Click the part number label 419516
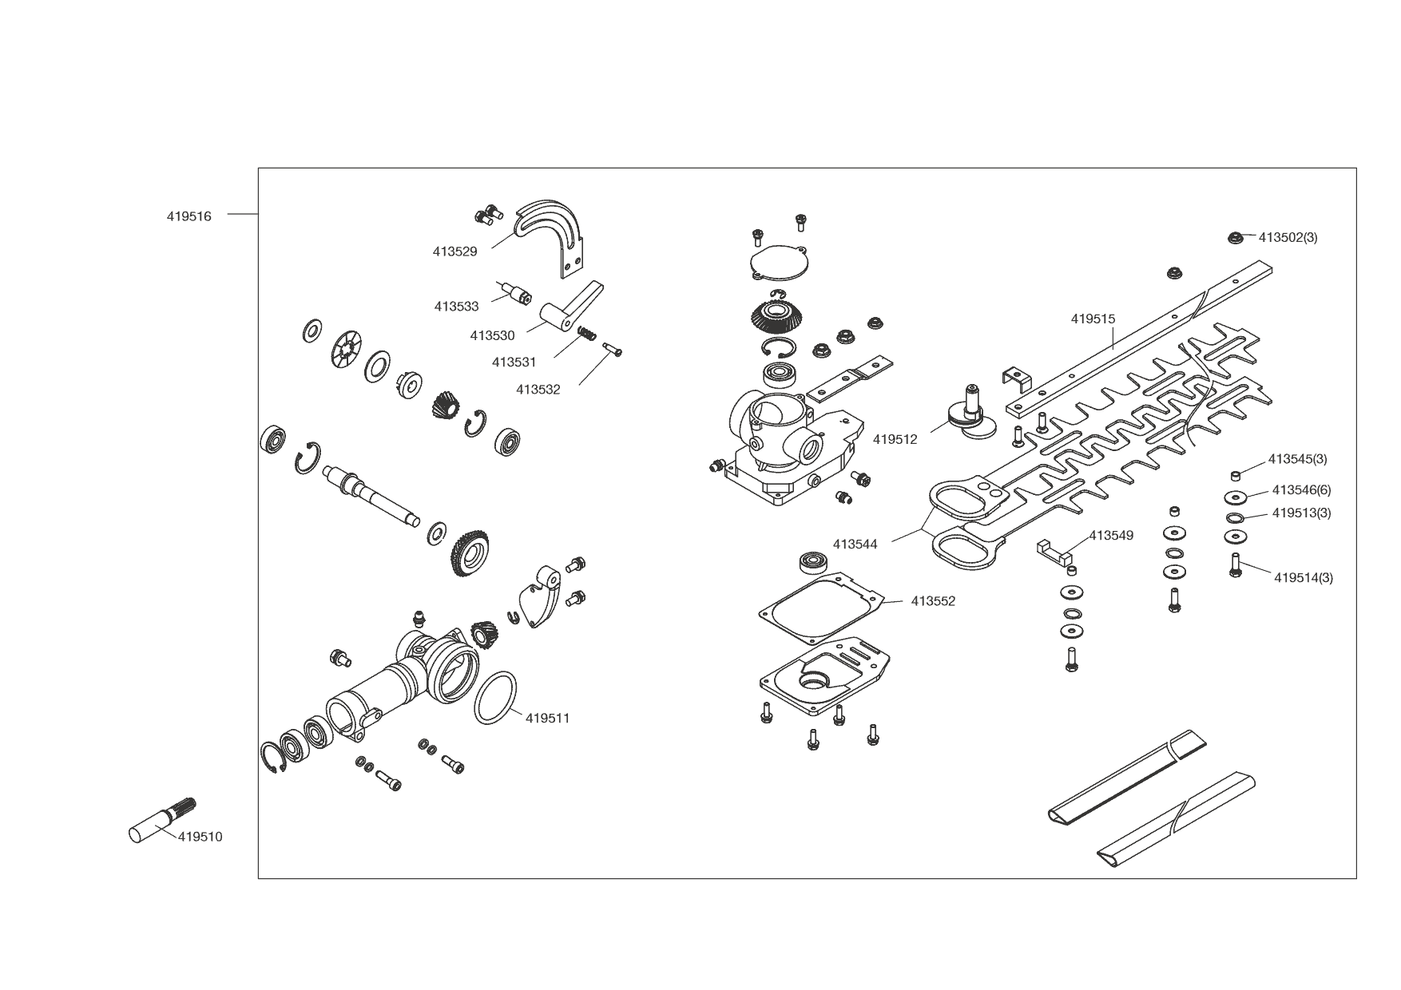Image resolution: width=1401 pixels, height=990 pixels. (x=189, y=216)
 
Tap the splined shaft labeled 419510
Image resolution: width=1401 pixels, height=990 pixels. (x=162, y=820)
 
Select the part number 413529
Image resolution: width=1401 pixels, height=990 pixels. (x=455, y=251)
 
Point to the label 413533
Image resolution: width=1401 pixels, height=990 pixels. (x=457, y=307)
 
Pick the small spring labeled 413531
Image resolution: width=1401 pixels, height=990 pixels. (x=587, y=333)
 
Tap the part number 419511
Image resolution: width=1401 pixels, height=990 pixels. (x=548, y=718)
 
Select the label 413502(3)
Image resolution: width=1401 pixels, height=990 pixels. (x=1288, y=237)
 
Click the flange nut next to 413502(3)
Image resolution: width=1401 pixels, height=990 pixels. (x=1235, y=237)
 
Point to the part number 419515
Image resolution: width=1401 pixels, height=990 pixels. (x=1093, y=319)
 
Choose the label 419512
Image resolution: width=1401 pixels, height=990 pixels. (x=895, y=439)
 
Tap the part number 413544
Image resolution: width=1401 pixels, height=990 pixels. (x=855, y=544)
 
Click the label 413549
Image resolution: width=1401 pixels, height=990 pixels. (x=1112, y=535)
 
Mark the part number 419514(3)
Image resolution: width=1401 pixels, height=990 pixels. (x=1304, y=577)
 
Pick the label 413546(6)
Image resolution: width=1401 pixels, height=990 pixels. (x=1302, y=489)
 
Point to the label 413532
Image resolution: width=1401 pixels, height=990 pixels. (x=538, y=390)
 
